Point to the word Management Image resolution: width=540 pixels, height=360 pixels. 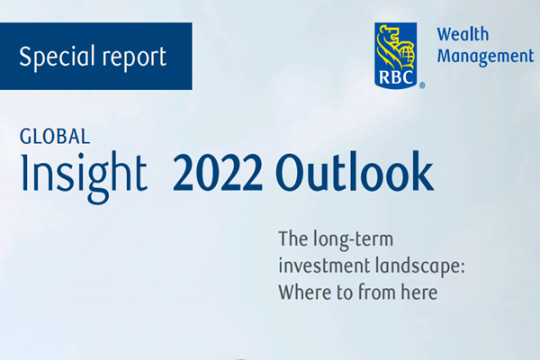[485, 56]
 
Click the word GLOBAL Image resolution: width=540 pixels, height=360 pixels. [54, 137]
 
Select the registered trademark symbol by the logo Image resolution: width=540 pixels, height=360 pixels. [423, 86]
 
